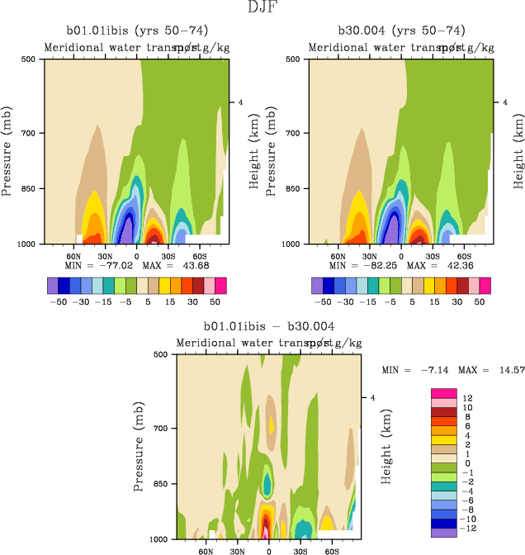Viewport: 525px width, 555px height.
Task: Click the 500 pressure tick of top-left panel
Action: pos(26,59)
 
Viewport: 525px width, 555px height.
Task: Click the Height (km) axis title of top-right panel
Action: pos(519,153)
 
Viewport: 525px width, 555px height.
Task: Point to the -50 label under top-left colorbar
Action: pos(58,302)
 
